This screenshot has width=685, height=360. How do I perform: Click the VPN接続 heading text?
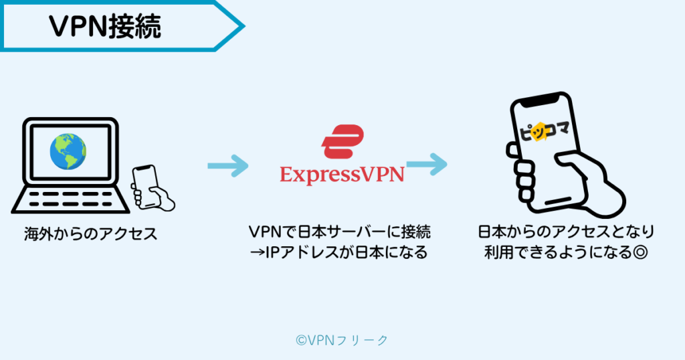click(105, 25)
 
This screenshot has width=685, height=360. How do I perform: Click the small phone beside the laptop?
click(146, 180)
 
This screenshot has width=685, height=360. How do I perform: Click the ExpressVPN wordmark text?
click(342, 175)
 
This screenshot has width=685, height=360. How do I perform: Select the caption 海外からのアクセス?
click(90, 234)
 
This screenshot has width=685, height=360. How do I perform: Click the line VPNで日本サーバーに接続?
click(340, 232)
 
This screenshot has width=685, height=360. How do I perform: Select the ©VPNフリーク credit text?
click(342, 340)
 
